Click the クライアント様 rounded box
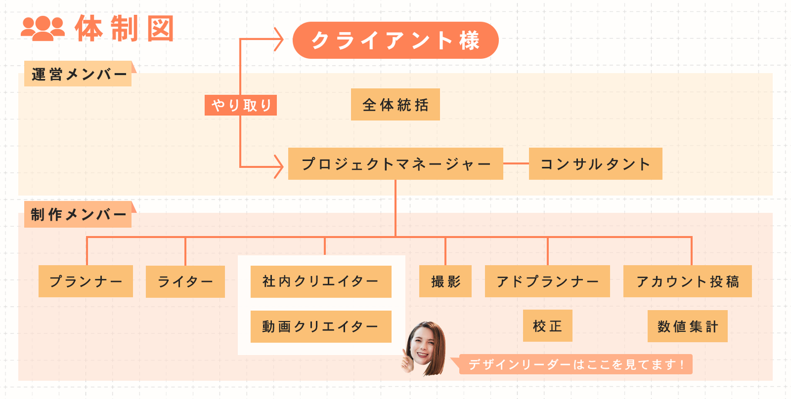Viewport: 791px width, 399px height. (396, 40)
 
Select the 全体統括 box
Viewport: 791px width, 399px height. (396, 104)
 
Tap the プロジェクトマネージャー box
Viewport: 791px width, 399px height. (396, 164)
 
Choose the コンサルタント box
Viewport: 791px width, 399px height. (595, 164)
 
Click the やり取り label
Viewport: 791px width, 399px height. (241, 105)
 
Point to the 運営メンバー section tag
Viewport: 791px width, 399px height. (79, 74)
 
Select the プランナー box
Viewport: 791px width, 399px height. (86, 282)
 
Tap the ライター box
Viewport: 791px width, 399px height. (185, 282)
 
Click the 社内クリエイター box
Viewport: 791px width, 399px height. (321, 282)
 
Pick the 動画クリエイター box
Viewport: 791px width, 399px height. (321, 327)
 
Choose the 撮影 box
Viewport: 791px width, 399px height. (445, 282)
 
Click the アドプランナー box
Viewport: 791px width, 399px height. (547, 282)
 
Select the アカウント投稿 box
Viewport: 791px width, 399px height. (687, 282)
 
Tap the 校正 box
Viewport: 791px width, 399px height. (547, 326)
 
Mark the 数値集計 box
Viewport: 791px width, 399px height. (687, 326)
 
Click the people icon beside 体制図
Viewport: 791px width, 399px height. (43, 29)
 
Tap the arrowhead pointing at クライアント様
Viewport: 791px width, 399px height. (278, 40)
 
